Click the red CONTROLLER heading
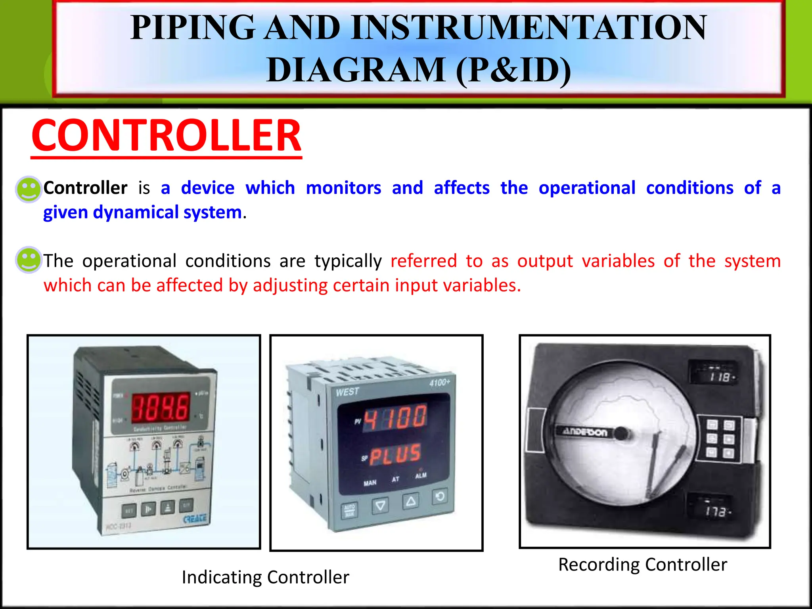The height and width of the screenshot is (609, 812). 167,136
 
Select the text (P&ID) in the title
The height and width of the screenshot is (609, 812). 513,70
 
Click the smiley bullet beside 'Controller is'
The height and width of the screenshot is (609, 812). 29,189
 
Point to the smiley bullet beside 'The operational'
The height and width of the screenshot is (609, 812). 29,260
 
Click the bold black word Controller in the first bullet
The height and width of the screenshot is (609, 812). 85,188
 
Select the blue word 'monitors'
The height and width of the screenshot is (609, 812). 343,188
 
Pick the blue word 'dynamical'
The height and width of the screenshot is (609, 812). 136,213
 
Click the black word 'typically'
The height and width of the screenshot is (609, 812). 348,261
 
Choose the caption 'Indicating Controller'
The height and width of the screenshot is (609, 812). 265,577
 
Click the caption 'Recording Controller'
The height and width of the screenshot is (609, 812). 642,565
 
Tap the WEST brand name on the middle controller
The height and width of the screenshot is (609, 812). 347,392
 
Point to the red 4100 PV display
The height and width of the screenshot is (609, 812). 395,417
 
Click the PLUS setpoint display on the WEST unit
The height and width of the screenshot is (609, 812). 395,455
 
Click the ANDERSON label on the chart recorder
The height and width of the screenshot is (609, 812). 585,432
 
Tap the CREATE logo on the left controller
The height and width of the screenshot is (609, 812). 195,518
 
